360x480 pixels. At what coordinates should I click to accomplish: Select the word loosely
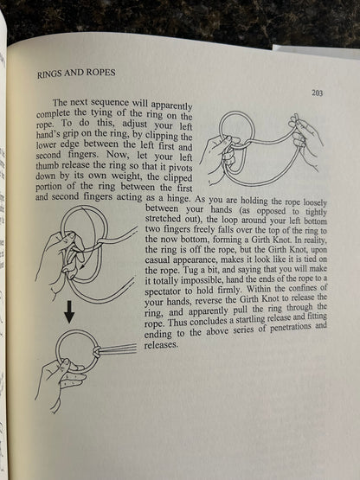click(x=312, y=198)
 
